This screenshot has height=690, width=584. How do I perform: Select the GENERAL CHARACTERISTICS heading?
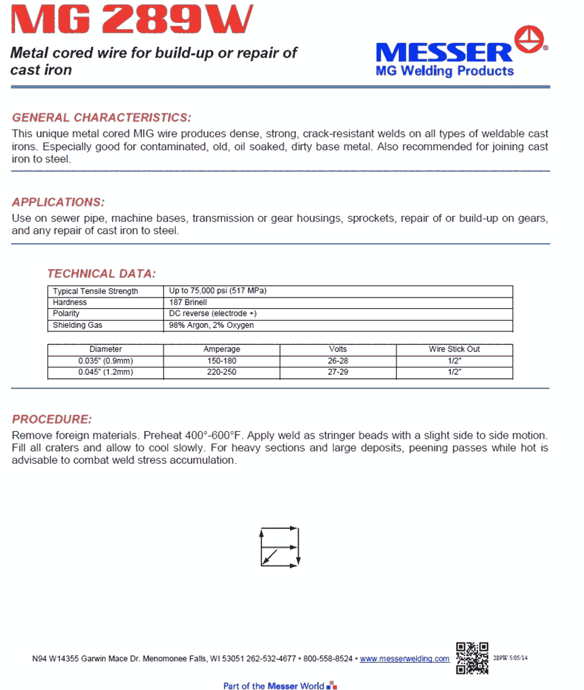(102, 117)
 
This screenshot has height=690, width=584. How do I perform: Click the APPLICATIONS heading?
(58, 202)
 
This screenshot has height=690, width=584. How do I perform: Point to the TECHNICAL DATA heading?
(101, 274)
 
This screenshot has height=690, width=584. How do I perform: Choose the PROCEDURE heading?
(52, 419)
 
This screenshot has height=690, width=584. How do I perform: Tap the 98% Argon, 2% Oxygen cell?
(211, 325)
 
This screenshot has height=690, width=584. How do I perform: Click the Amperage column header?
(222, 349)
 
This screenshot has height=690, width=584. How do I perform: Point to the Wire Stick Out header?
(454, 349)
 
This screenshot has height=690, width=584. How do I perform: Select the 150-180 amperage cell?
(222, 361)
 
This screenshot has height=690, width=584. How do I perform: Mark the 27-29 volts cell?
(337, 372)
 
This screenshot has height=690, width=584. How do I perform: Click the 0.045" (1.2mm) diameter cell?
(106, 372)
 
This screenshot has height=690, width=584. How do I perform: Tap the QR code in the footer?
(472, 657)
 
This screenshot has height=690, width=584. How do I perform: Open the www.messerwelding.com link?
(405, 659)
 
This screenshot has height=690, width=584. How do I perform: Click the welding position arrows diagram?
(280, 546)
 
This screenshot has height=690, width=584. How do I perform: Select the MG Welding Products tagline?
(445, 71)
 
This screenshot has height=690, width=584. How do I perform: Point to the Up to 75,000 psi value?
(217, 291)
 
